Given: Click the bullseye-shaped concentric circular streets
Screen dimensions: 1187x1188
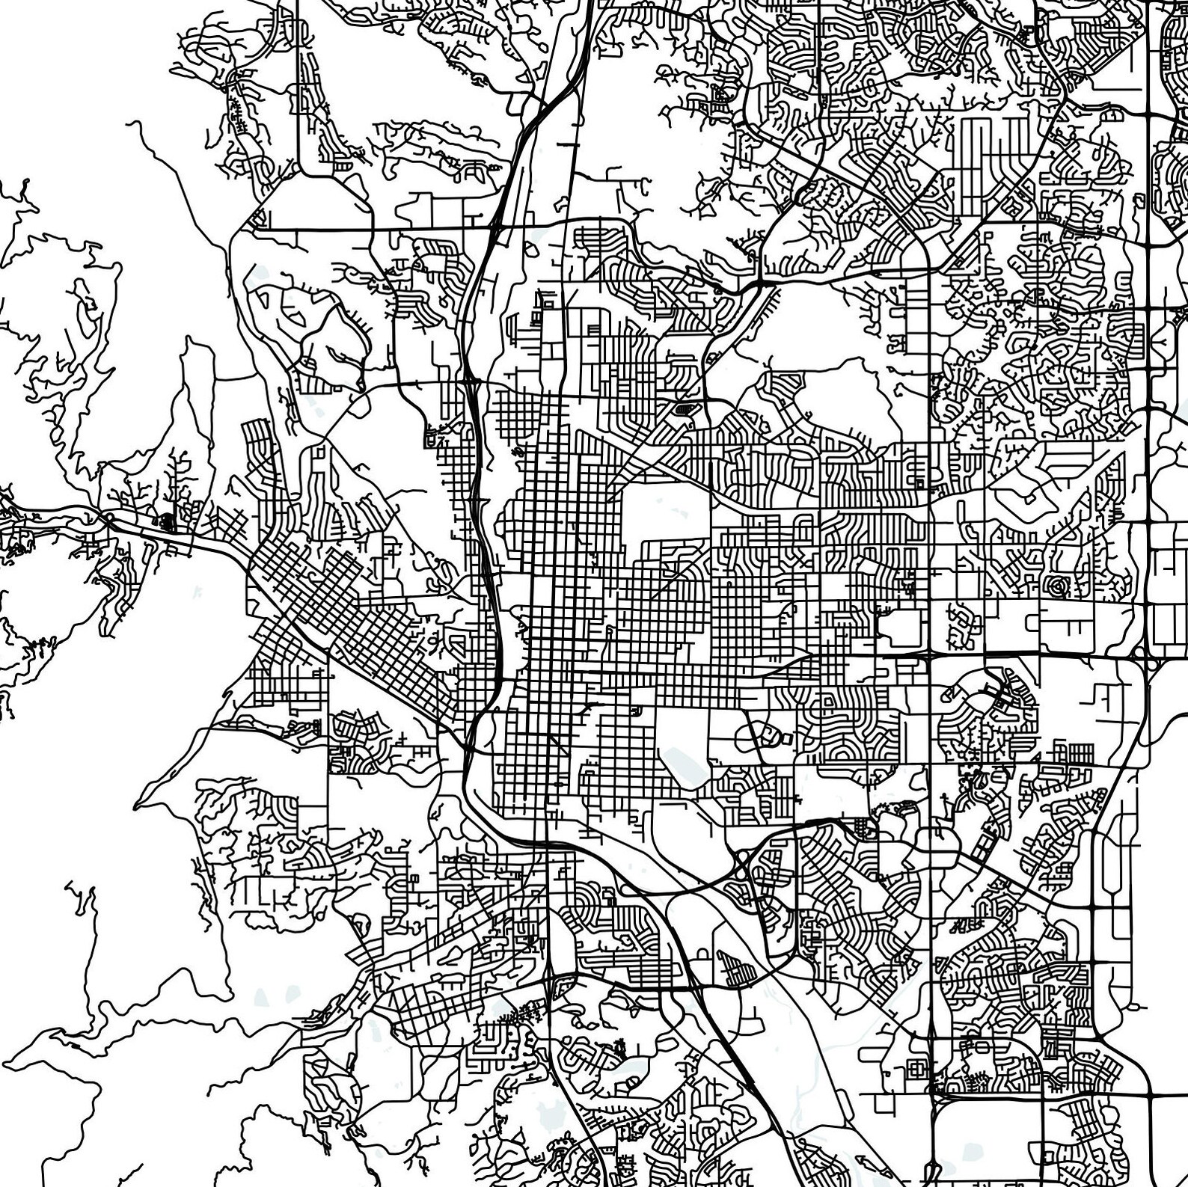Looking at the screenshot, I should (x=1057, y=587).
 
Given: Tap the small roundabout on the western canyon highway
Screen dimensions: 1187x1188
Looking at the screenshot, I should (x=109, y=517).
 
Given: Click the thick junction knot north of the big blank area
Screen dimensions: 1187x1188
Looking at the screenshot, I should (x=759, y=284).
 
